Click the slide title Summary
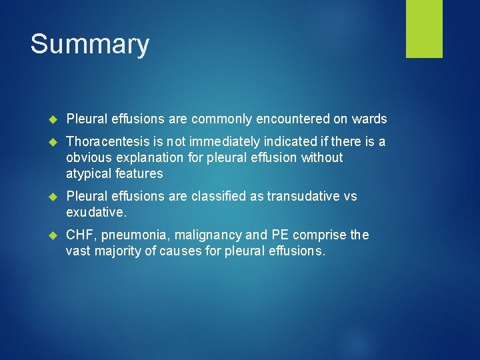(90, 45)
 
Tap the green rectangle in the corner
(424, 29)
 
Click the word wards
(369, 119)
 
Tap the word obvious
(87, 158)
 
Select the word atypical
(89, 174)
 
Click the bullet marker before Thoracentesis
(55, 142)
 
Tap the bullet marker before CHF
(55, 235)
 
